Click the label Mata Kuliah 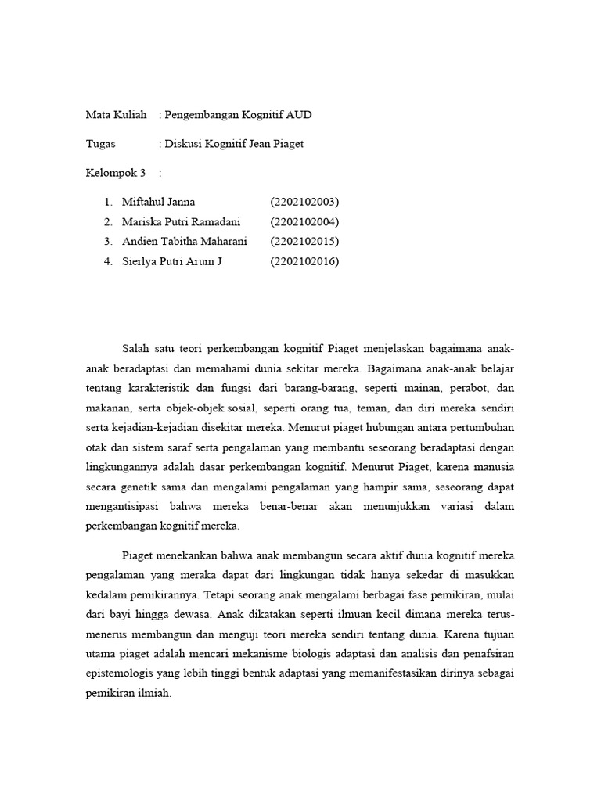pyautogui.click(x=116, y=115)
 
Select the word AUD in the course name pyautogui.click(x=298, y=115)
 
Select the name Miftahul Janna pyautogui.click(x=159, y=202)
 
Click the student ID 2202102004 pyautogui.click(x=304, y=221)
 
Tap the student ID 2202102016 pyautogui.click(x=304, y=261)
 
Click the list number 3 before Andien pyautogui.click(x=107, y=242)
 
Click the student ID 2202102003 pyautogui.click(x=304, y=202)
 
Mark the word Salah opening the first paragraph pyautogui.click(x=136, y=347)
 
